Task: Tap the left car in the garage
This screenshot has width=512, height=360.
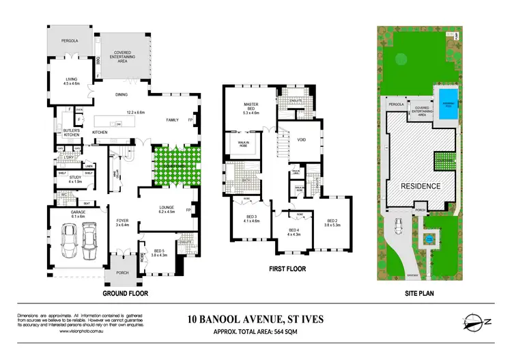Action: (x=68, y=238)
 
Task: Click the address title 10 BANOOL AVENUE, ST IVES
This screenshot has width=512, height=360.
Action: (x=256, y=318)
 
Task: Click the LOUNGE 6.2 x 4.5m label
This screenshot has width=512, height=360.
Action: (x=167, y=210)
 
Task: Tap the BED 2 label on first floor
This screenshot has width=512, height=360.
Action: (x=332, y=223)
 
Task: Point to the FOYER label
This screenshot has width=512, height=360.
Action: (x=123, y=223)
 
